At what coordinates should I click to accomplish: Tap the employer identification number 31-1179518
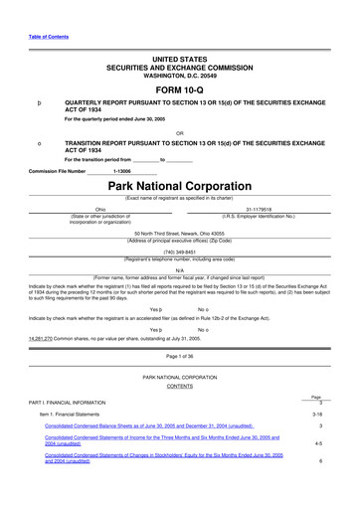pyautogui.click(x=260, y=210)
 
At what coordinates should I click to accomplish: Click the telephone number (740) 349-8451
pyautogui.click(x=180, y=252)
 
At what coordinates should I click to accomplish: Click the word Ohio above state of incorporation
pyautogui.click(x=99, y=210)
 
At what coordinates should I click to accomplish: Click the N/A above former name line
pyautogui.click(x=180, y=269)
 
